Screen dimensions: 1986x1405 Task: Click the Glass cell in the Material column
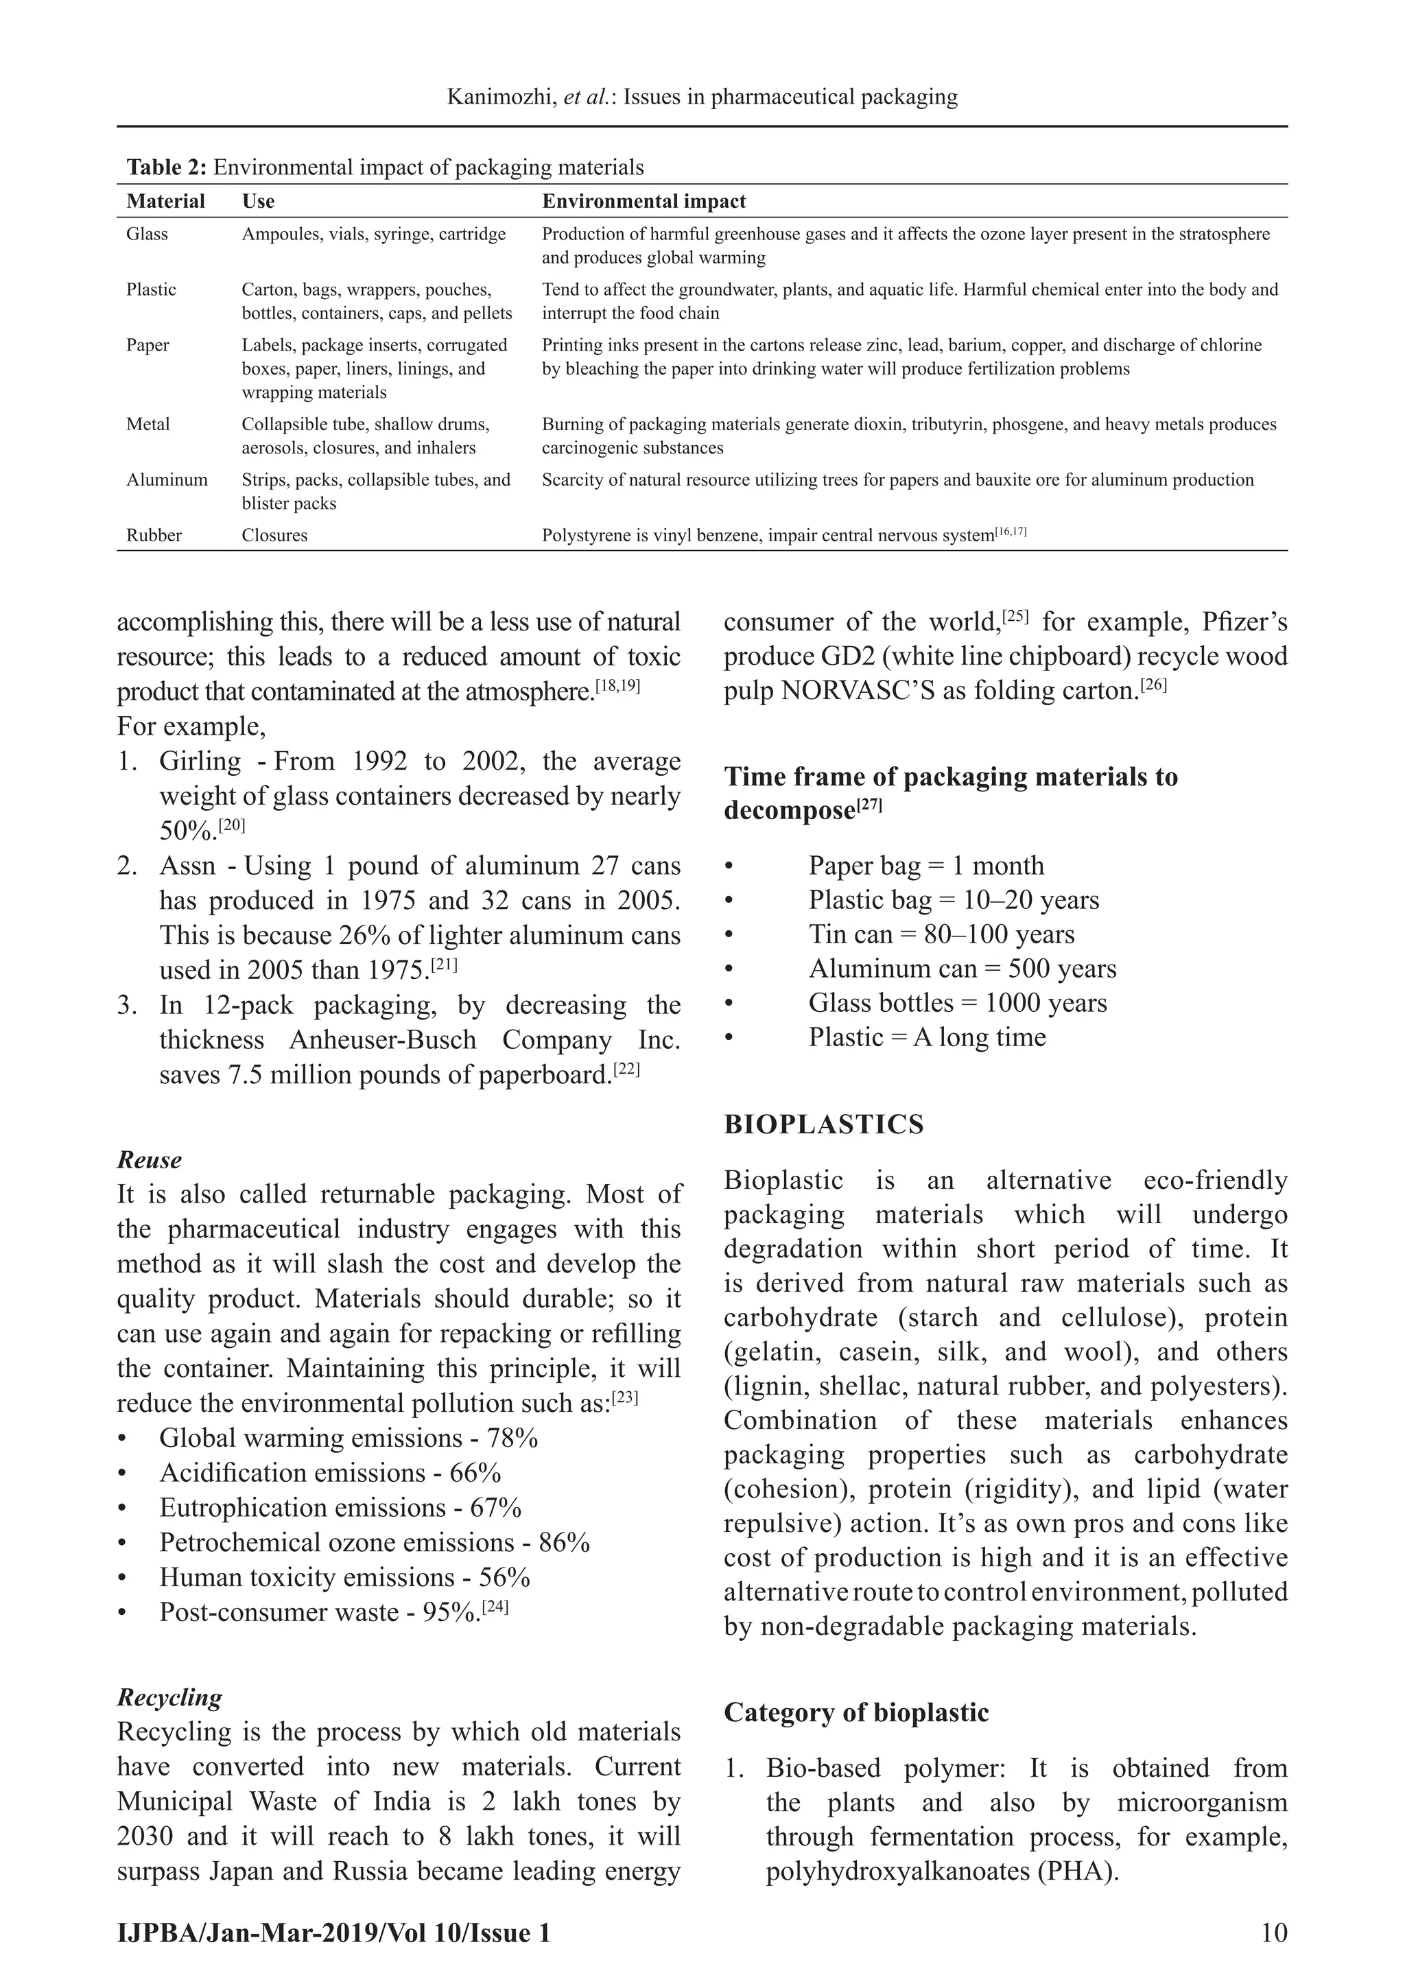(x=147, y=235)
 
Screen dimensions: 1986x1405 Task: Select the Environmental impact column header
(x=643, y=202)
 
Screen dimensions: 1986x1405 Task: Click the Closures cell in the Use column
(x=274, y=535)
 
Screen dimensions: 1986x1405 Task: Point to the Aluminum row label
(x=167, y=480)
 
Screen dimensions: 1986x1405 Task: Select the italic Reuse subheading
(x=149, y=1160)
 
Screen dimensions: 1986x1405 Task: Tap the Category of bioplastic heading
(x=855, y=1713)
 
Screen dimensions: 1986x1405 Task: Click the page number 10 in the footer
(x=1275, y=1933)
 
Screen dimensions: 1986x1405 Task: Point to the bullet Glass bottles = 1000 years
(x=957, y=1004)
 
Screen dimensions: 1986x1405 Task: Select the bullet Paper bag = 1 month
(x=925, y=866)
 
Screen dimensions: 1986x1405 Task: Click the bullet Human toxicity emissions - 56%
(x=344, y=1577)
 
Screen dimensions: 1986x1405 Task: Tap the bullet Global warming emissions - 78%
(x=348, y=1438)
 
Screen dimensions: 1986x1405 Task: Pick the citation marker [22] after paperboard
(x=626, y=1071)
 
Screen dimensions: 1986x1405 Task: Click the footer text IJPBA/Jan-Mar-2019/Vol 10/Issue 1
(x=333, y=1933)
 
